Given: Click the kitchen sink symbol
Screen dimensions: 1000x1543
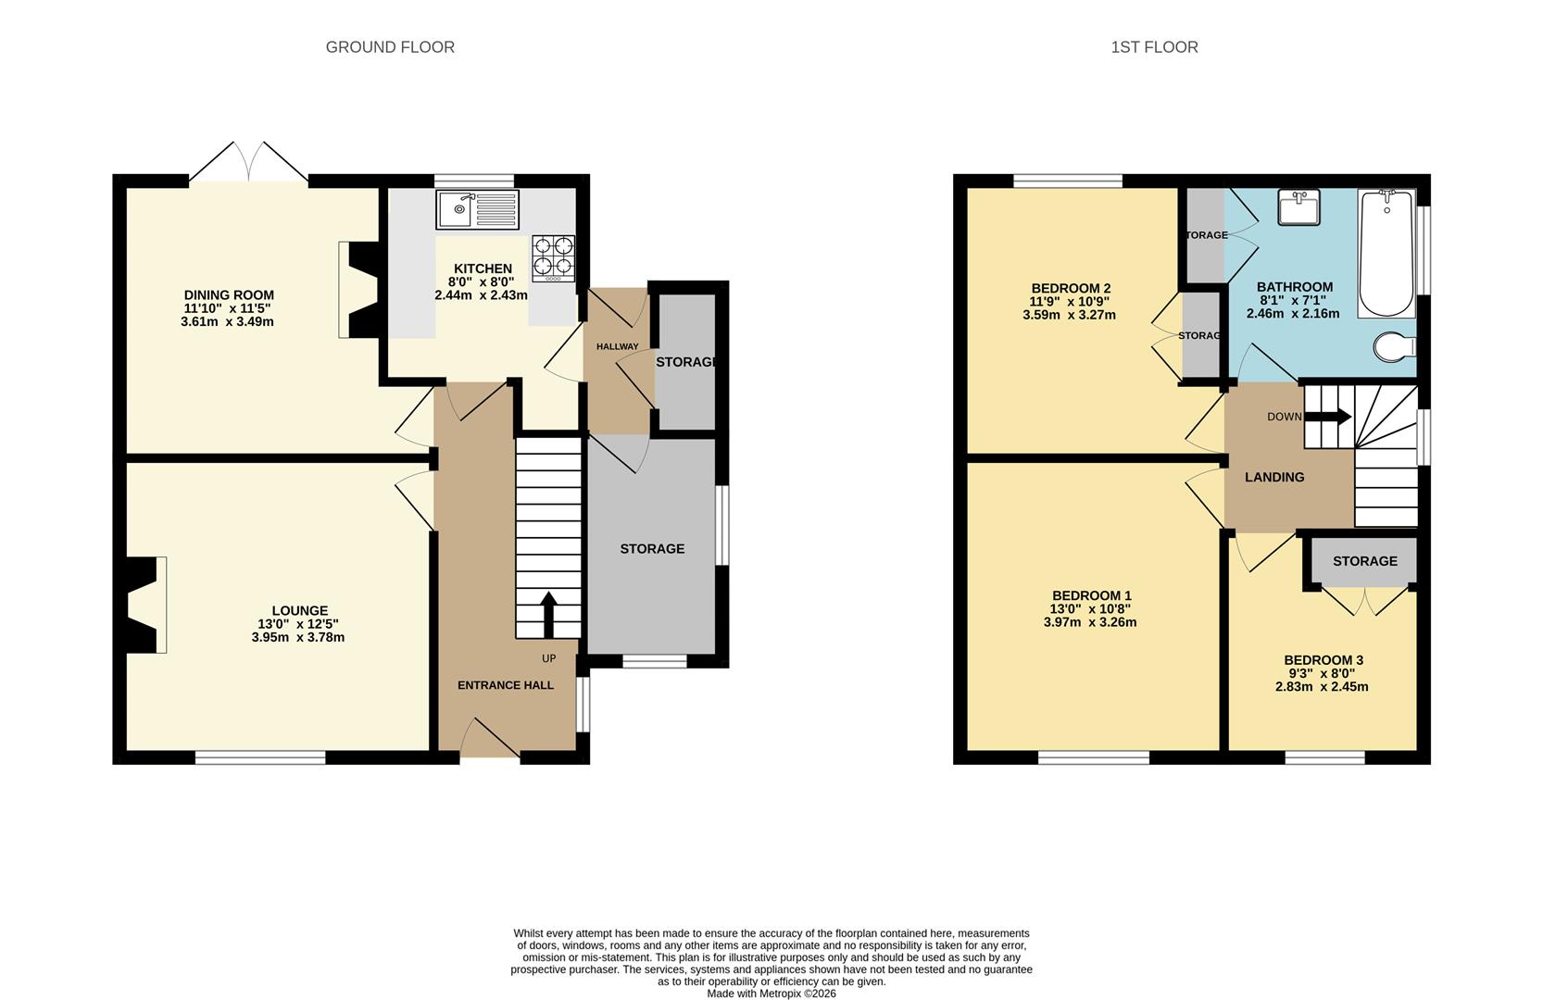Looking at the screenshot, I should point(477,209).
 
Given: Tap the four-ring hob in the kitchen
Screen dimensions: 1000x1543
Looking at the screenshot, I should point(553,258).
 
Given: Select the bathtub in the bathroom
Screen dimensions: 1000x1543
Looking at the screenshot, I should point(1386,254).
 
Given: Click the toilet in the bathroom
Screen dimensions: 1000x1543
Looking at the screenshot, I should point(1394,348).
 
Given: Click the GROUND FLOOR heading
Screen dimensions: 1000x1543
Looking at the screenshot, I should point(390,47).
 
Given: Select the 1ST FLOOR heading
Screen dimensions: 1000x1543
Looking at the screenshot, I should point(1154,47).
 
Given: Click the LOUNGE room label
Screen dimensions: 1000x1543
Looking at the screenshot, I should point(299,611).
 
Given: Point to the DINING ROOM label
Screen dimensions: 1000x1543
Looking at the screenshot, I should point(229,295).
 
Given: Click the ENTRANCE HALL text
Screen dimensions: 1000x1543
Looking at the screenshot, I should point(506,685).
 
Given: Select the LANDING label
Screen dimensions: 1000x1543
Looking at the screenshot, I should point(1274,478).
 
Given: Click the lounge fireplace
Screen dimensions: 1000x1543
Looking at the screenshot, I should point(144,605).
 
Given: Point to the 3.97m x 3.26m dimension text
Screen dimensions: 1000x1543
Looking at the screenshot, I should point(1090,622).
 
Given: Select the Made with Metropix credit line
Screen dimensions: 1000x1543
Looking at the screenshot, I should point(771,994).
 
